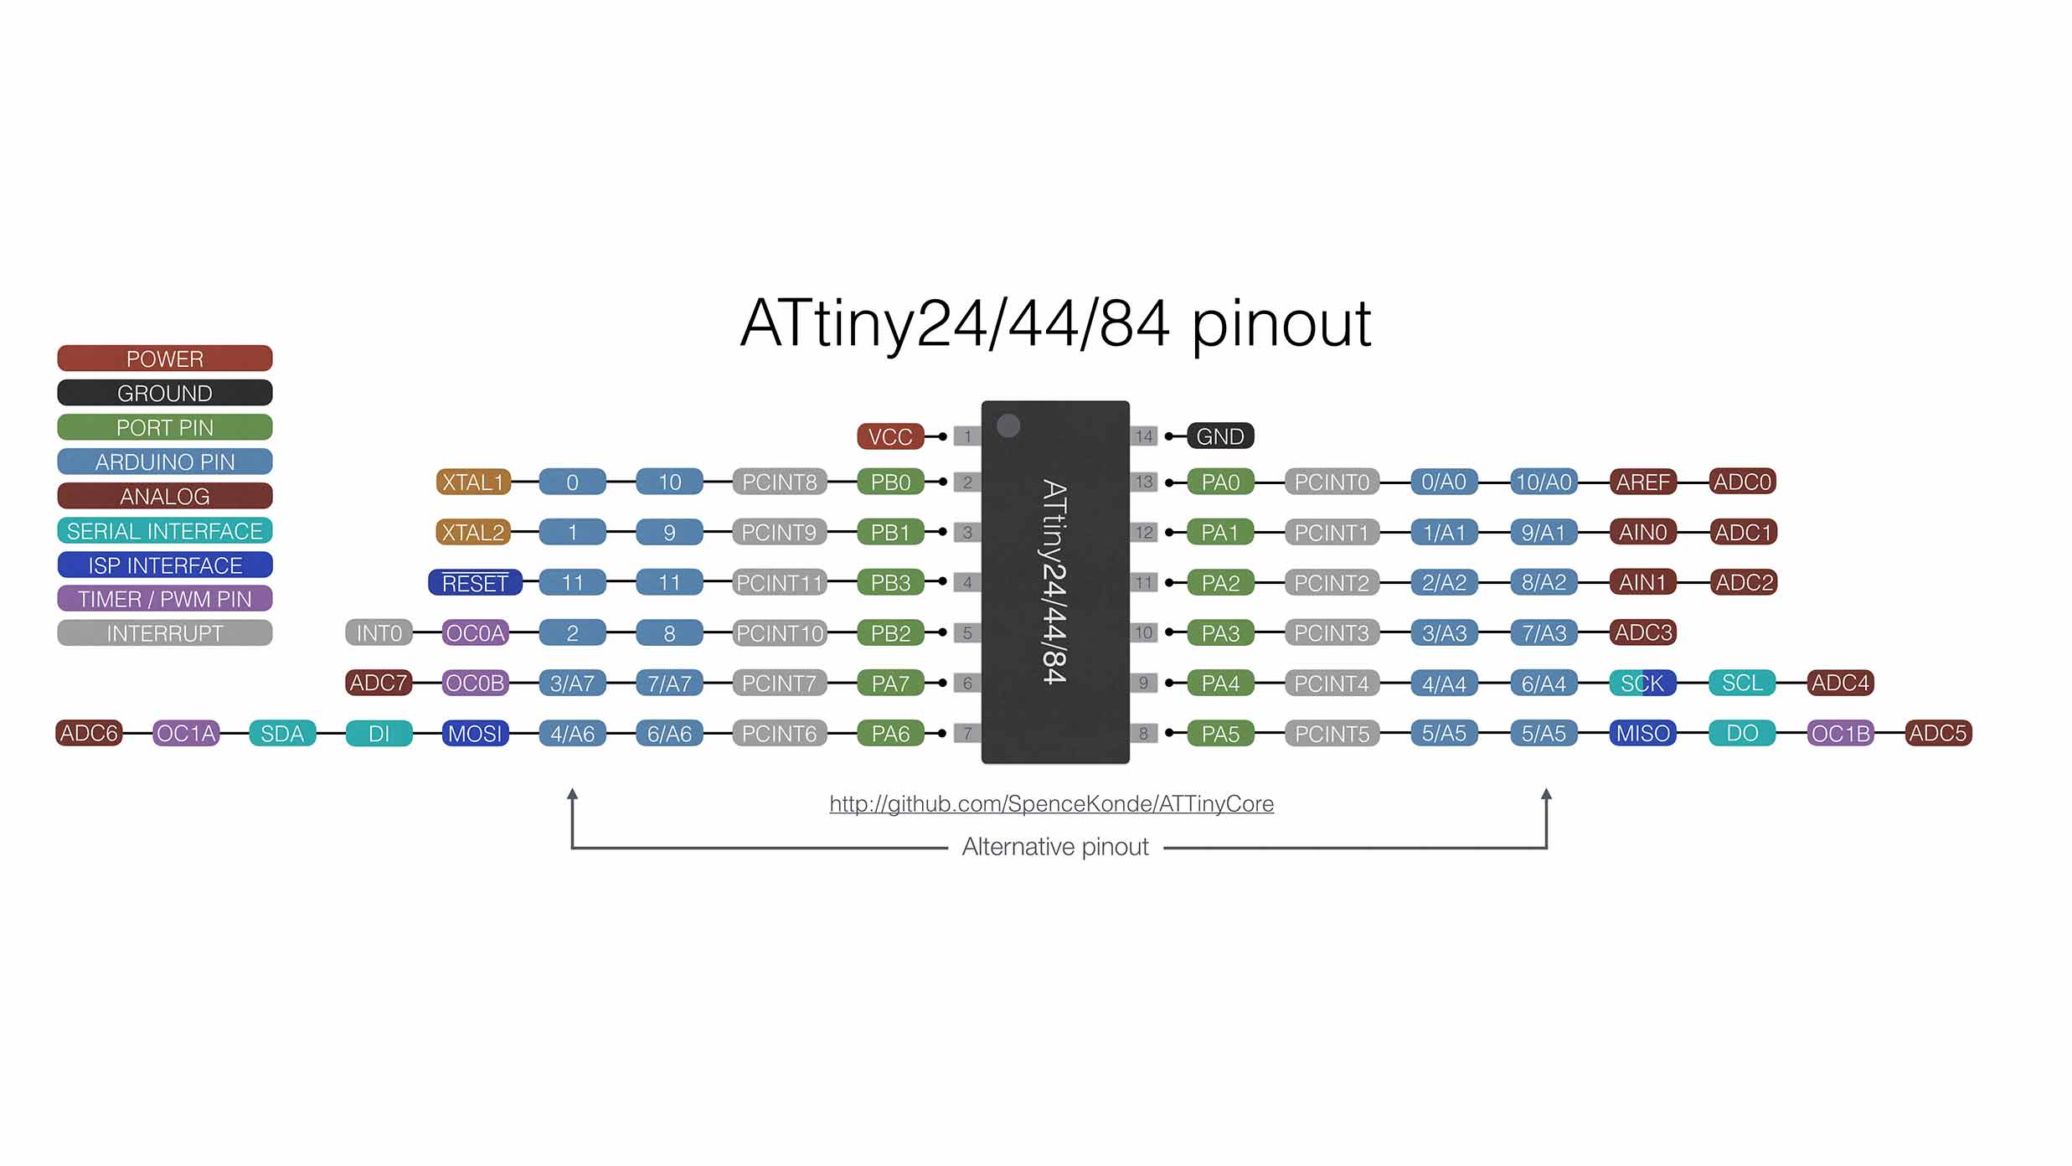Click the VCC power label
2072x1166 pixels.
(889, 436)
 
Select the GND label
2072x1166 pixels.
(1220, 436)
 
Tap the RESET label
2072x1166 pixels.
(475, 583)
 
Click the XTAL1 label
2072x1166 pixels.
(473, 482)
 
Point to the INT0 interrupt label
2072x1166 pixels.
(379, 633)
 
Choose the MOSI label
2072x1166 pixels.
(475, 734)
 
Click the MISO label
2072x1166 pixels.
(1642, 734)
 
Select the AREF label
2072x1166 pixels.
(1642, 482)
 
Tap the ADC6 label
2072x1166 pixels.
(90, 734)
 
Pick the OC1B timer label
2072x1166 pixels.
(1840, 734)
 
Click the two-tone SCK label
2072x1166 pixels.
(1642, 684)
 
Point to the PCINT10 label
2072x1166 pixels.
(780, 633)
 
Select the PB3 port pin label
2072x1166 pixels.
(890, 583)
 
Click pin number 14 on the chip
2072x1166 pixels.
(1144, 436)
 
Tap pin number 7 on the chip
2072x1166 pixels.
(967, 734)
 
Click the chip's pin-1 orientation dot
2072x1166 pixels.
(1008, 426)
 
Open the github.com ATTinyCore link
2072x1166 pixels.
(1051, 804)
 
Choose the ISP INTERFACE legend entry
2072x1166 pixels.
(165, 565)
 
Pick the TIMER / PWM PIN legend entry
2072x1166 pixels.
(165, 599)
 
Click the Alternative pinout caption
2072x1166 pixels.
(1055, 847)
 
